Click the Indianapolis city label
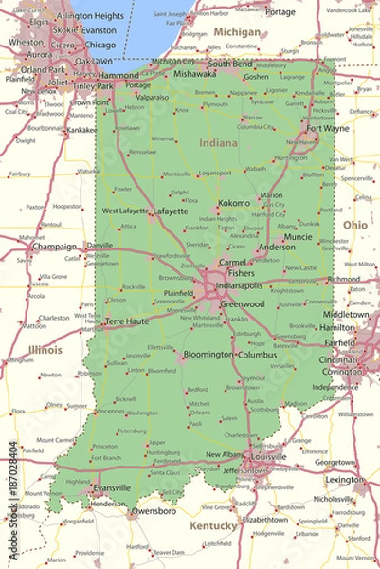click(240, 284)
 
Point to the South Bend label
click(230, 64)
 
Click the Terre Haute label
click(127, 321)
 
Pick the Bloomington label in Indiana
click(208, 354)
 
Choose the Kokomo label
click(233, 203)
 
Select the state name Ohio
click(355, 225)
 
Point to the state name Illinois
click(45, 350)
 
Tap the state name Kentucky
click(213, 524)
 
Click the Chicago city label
click(100, 45)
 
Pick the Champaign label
click(54, 247)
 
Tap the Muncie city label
click(298, 236)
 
